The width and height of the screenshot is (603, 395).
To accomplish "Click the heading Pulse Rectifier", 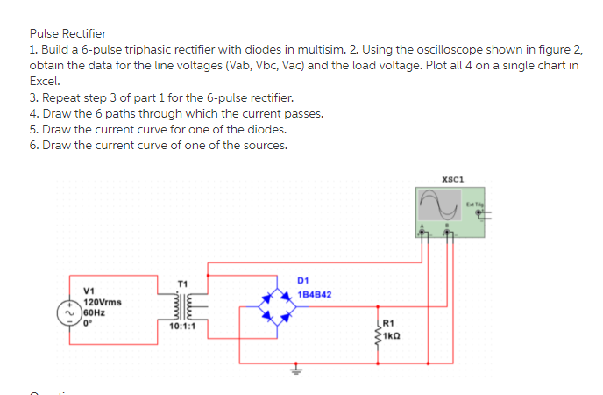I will (x=67, y=33).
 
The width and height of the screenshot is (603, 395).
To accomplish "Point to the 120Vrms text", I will (x=104, y=301).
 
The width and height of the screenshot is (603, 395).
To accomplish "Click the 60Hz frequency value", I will (x=95, y=311).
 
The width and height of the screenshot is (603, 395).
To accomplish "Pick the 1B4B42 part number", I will (x=314, y=294).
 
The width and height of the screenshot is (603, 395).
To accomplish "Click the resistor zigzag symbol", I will (x=378, y=330).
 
